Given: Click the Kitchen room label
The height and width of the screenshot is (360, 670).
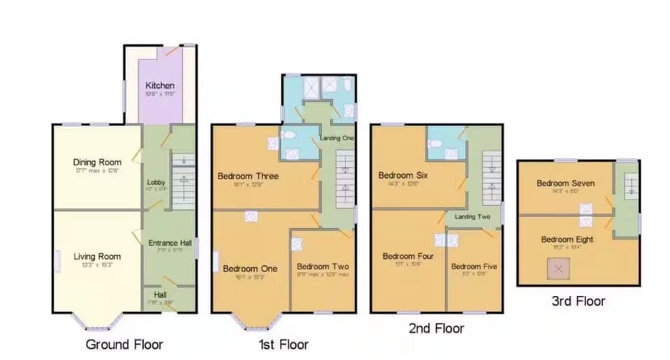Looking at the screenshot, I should point(160,86).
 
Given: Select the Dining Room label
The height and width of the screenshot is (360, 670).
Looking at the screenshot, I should point(97,162).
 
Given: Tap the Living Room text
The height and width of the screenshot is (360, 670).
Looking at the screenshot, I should point(97,257).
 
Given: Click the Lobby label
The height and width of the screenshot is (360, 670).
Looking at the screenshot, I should point(156,182).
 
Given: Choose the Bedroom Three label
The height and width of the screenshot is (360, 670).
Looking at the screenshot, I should point(248,176).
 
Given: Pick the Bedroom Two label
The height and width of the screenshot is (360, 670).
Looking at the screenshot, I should point(322,267).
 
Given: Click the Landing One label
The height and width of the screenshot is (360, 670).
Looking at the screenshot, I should point(337,138).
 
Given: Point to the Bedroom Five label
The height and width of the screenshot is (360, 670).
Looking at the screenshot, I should point(474,267).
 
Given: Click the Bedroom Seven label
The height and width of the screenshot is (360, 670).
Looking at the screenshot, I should point(565,183).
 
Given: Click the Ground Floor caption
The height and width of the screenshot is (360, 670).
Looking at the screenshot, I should point(124,344).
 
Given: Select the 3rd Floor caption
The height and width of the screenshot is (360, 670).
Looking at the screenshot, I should point(577,301).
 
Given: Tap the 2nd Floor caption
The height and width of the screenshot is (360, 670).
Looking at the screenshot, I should point(436,328).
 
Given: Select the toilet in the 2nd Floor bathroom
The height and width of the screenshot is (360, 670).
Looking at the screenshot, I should point(436,144).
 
